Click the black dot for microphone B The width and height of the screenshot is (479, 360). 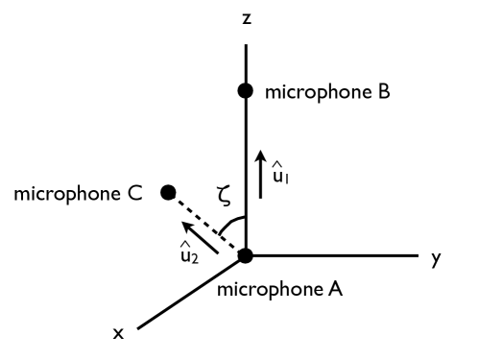pyautogui.click(x=246, y=91)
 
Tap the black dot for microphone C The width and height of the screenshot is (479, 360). pyautogui.click(x=168, y=192)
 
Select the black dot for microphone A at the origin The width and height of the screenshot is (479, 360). pyautogui.click(x=246, y=255)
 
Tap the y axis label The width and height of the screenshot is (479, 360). pyautogui.click(x=437, y=257)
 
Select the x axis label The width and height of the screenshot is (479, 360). pyautogui.click(x=119, y=332)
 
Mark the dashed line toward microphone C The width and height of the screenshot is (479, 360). pyautogui.click(x=205, y=223)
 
